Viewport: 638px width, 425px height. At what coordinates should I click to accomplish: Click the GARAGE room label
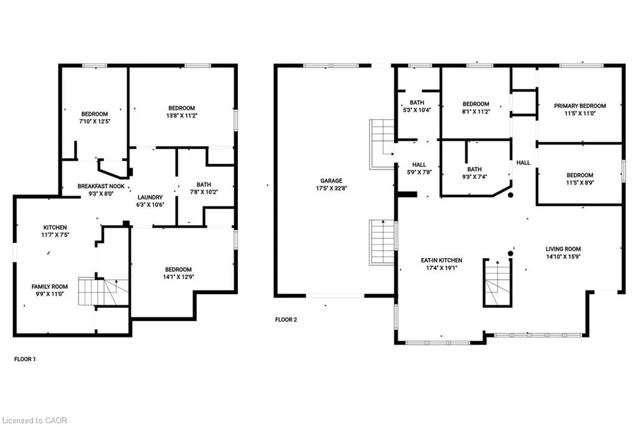[x=331, y=181]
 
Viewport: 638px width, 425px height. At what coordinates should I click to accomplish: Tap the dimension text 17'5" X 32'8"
[x=331, y=188]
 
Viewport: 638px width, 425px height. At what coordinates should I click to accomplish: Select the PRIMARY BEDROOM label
[x=580, y=106]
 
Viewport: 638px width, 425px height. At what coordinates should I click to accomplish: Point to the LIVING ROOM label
[x=563, y=249]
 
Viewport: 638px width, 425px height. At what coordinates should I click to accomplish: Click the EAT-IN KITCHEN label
[x=442, y=260]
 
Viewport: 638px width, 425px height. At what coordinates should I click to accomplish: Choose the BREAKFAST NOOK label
[x=101, y=186]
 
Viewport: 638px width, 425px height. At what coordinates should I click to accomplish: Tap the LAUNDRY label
[x=150, y=198]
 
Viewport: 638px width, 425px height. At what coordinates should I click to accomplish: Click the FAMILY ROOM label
[x=50, y=287]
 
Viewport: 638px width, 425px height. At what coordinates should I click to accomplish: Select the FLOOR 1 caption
[x=25, y=359]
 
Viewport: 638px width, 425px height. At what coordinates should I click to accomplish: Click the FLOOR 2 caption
[x=286, y=320]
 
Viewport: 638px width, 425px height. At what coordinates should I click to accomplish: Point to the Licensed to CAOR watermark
[x=35, y=420]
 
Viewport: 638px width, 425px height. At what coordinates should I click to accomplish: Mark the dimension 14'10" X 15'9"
[x=563, y=257]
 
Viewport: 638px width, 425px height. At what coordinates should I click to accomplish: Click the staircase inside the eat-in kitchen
[x=497, y=282]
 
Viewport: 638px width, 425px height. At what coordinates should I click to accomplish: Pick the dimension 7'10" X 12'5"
[x=95, y=122]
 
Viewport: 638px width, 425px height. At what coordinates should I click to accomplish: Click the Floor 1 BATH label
[x=204, y=185]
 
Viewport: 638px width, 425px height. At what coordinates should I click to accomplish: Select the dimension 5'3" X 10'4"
[x=417, y=110]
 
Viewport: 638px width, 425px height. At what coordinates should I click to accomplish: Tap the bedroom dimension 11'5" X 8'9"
[x=580, y=183]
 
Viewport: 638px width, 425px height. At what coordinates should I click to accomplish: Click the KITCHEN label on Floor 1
[x=55, y=227]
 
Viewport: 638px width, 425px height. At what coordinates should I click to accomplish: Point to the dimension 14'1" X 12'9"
[x=178, y=277]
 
